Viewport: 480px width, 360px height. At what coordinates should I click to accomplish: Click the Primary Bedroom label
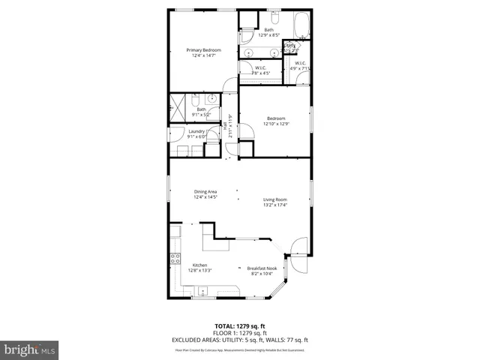coord(204,50)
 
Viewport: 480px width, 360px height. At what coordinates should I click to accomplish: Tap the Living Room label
coord(275,199)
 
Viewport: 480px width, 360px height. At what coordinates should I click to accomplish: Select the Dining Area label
coord(205,192)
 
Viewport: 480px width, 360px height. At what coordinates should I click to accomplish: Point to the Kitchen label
coord(199,265)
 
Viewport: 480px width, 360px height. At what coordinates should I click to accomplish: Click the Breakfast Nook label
coord(262,268)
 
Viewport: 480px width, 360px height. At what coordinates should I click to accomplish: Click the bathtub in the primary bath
coord(301,25)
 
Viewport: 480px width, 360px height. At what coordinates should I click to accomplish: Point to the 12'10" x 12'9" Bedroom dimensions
coord(275,123)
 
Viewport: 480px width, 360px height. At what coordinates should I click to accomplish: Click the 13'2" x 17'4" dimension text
coord(275,204)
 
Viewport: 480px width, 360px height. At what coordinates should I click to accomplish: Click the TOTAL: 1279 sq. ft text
coord(239,325)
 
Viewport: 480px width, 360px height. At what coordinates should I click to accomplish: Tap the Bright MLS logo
coord(30,349)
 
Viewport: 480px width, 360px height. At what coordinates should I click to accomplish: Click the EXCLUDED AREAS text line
coord(239,339)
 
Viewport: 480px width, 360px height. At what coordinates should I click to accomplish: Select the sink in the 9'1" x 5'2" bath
coord(211,98)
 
